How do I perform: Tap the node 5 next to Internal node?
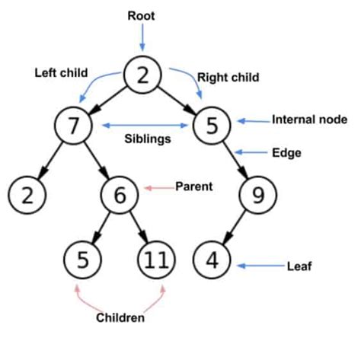tap(213, 126)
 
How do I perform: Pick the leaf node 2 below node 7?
tap(27, 196)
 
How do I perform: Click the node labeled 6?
tap(120, 196)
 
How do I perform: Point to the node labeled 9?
tap(257, 196)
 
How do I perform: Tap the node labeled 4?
tap(212, 260)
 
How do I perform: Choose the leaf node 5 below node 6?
tap(83, 260)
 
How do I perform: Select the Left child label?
tap(59, 73)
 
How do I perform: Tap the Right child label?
tap(228, 77)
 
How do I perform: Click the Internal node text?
tap(309, 119)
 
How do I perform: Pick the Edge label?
tap(286, 152)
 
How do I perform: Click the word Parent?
tap(193, 186)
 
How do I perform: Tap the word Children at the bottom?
tap(120, 317)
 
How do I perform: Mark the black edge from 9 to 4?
tap(235, 230)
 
